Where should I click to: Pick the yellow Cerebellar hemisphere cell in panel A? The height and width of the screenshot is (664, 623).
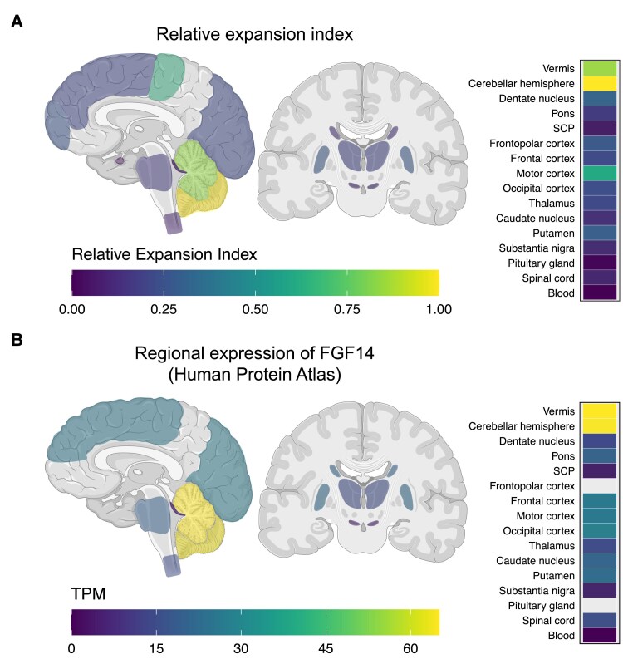point(599,83)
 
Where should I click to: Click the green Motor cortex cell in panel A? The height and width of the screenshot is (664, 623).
point(599,173)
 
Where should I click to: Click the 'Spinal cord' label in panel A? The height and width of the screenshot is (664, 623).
point(545,278)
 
